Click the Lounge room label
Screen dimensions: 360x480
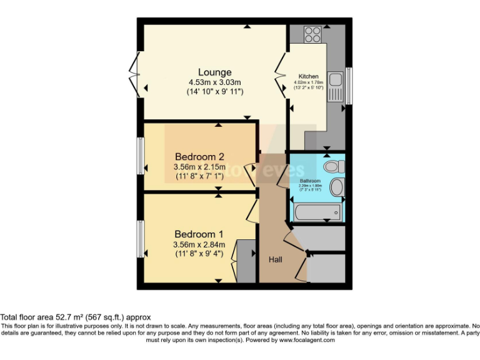[214, 72]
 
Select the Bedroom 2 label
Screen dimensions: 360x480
[199, 156]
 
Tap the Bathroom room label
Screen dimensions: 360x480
[309, 181]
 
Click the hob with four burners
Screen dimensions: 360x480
[312, 33]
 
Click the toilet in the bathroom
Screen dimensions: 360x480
[334, 166]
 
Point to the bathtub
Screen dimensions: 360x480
[317, 211]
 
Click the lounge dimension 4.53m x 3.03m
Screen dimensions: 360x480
[214, 82]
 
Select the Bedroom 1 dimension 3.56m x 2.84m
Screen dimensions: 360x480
[199, 244]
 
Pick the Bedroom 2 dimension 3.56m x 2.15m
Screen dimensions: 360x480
[199, 167]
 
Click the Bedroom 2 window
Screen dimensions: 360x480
[141, 157]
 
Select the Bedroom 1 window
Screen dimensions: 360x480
[141, 237]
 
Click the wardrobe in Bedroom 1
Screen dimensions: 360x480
[246, 260]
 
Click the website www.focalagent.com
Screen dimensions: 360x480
[307, 341]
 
